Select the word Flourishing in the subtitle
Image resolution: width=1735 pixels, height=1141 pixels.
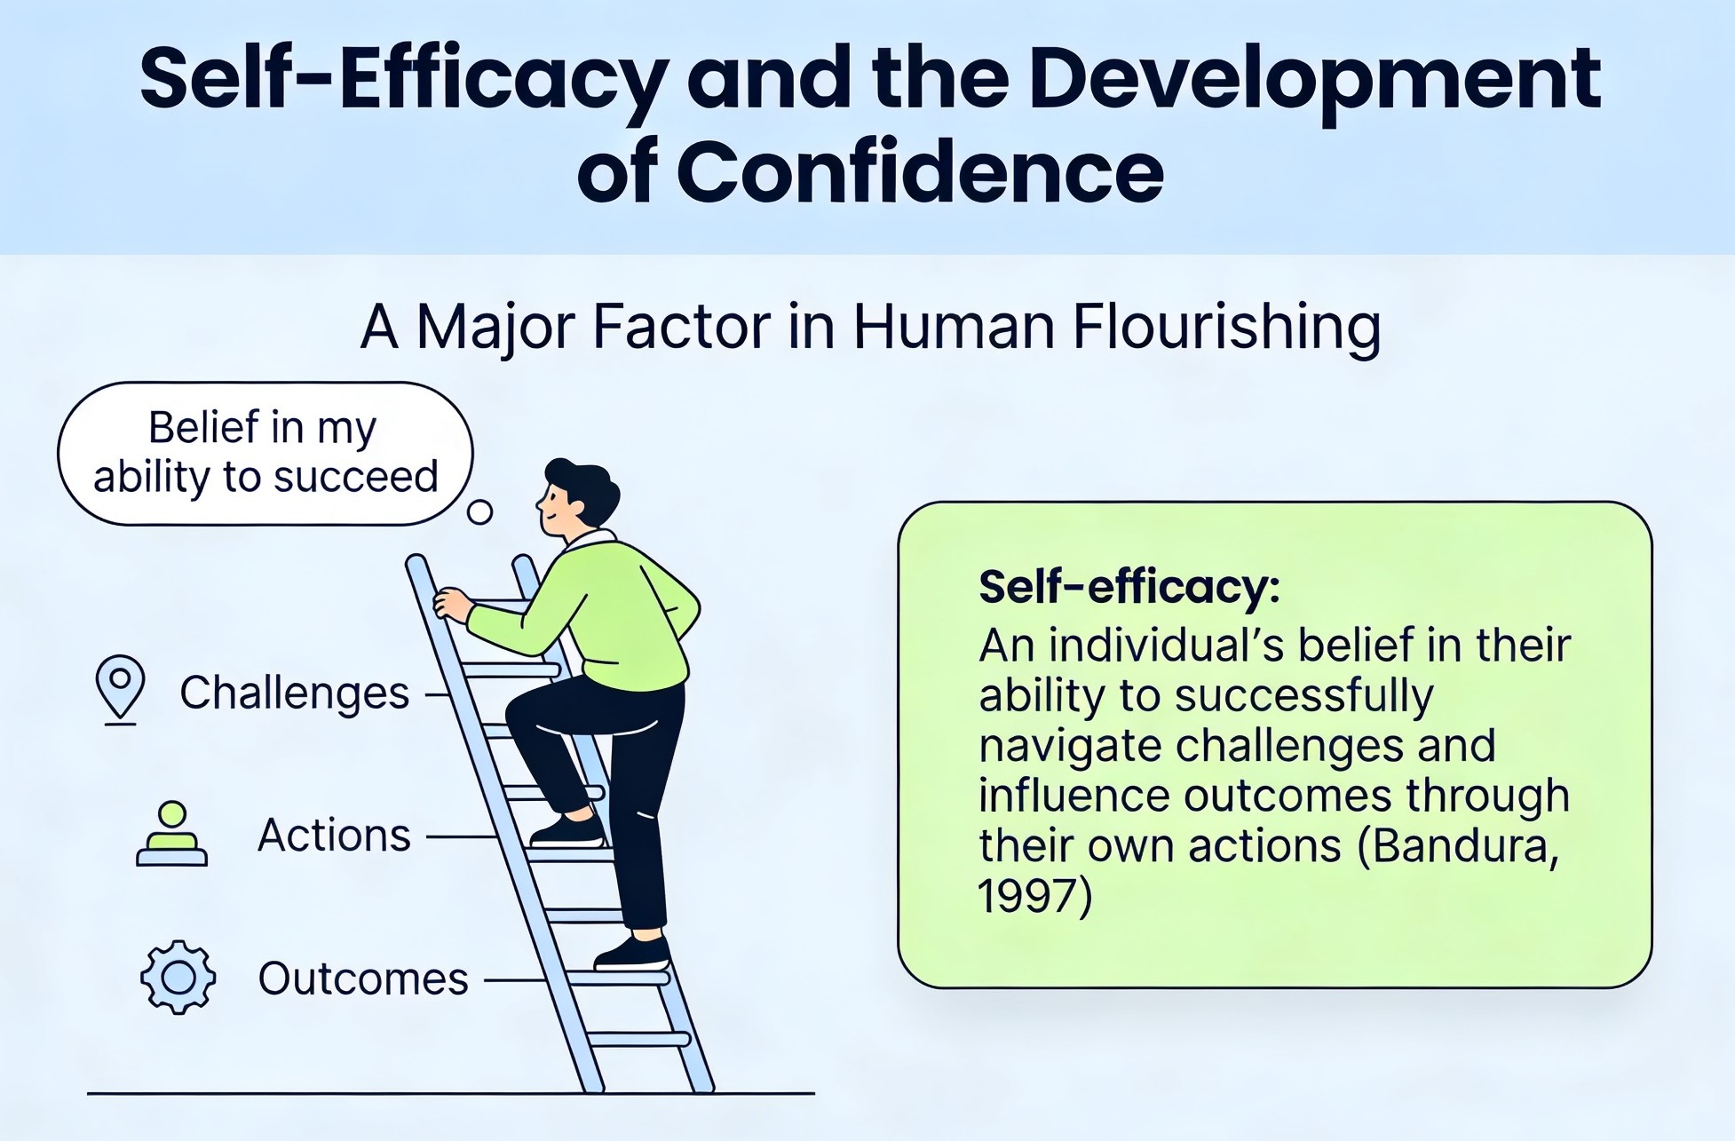tap(1226, 328)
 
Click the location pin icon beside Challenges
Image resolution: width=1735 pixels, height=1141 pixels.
tap(120, 689)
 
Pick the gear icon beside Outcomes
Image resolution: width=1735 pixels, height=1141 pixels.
tap(178, 977)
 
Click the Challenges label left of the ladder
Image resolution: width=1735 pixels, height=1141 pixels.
tap(295, 693)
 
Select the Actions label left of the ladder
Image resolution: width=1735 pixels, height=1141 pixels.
tap(334, 836)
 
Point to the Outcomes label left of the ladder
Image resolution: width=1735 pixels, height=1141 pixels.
tap(362, 979)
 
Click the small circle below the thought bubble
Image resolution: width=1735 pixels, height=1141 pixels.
tap(479, 512)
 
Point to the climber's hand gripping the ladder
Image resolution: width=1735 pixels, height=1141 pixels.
tap(453, 605)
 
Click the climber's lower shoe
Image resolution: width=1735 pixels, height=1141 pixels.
tap(632, 954)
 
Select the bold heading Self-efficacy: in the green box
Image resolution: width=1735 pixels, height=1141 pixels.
tap(1129, 587)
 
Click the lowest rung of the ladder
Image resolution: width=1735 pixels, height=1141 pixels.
tap(639, 1039)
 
